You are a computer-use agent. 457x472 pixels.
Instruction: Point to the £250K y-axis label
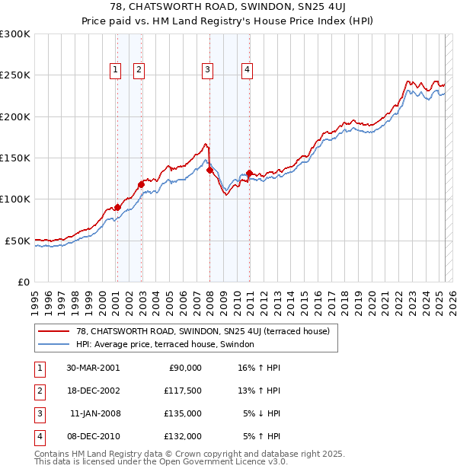click(x=15, y=75)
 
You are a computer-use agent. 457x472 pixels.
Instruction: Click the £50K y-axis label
click(x=18, y=241)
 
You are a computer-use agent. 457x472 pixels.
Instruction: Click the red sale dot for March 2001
click(x=118, y=207)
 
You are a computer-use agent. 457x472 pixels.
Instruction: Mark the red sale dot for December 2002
click(x=141, y=184)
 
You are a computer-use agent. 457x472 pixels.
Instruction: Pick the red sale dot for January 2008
click(x=209, y=171)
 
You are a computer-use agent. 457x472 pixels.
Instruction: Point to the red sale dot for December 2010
click(x=249, y=173)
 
